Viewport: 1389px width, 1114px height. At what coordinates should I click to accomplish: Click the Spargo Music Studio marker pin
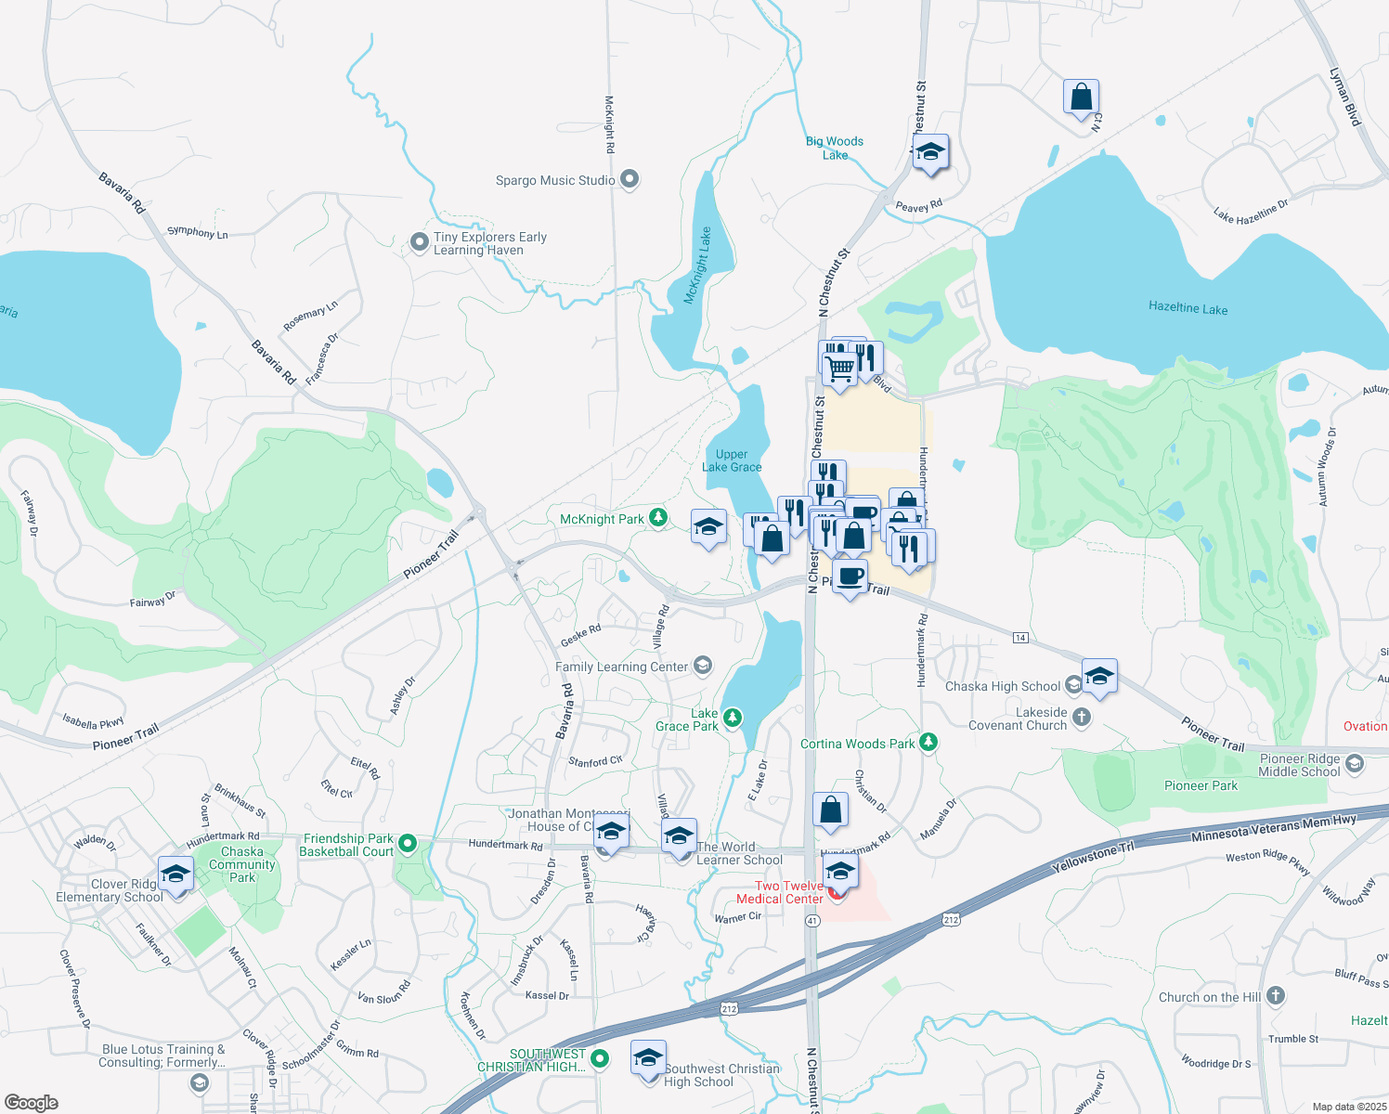[x=630, y=179]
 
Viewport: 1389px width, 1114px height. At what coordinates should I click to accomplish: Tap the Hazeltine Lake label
[x=1188, y=308]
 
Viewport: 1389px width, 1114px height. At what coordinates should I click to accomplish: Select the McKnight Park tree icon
[x=658, y=518]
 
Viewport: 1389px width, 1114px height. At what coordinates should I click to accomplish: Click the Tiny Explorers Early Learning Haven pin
[x=419, y=243]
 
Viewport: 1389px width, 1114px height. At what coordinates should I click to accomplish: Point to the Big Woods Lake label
[x=835, y=149]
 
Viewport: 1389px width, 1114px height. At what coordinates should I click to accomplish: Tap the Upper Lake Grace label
[x=732, y=461]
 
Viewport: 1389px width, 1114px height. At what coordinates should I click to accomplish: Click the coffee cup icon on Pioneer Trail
[x=850, y=576]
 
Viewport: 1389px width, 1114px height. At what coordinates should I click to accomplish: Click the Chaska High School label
[x=1002, y=687]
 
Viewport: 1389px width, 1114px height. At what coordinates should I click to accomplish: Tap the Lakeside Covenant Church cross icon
[x=1081, y=718]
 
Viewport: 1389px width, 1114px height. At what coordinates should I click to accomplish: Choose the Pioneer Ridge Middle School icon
[x=1355, y=764]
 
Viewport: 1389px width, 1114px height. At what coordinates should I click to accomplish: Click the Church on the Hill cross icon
[x=1276, y=996]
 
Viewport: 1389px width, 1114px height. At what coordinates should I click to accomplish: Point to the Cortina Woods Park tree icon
[x=928, y=743]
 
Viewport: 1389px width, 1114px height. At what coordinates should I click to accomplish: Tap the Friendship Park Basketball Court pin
[x=407, y=845]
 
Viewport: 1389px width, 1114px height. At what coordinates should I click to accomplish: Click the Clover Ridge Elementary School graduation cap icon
[x=175, y=874]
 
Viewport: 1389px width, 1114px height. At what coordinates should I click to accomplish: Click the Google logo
[x=32, y=1103]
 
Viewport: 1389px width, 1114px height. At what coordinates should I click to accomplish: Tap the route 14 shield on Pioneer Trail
[x=1020, y=638]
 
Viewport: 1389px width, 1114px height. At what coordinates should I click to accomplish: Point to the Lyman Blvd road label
[x=1344, y=97]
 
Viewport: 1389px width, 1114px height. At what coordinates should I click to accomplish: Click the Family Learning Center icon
[x=703, y=666]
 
